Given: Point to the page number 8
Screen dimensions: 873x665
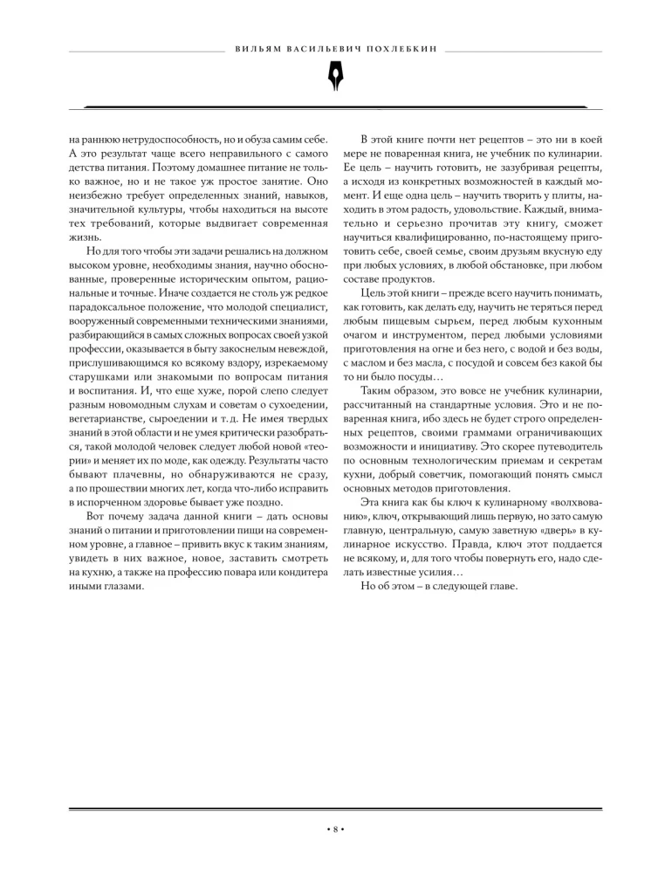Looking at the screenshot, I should coord(332,828).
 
